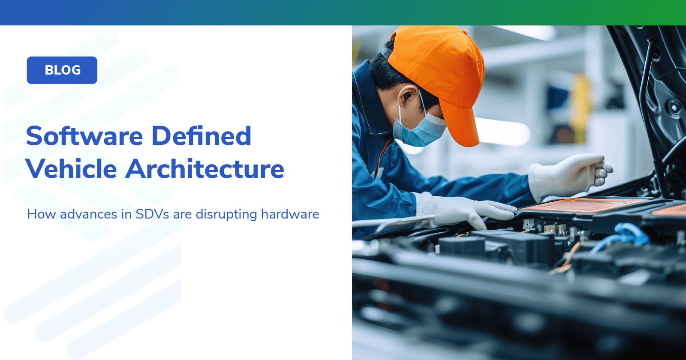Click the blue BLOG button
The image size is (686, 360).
pos(62,70)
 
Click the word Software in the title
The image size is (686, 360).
pos(84,136)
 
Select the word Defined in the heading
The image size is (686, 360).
pos(201,136)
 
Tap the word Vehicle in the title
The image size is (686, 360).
pos(71,169)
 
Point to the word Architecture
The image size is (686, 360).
pos(205,169)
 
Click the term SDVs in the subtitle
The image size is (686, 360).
pos(152,214)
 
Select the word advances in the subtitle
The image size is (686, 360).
pos(88,214)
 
